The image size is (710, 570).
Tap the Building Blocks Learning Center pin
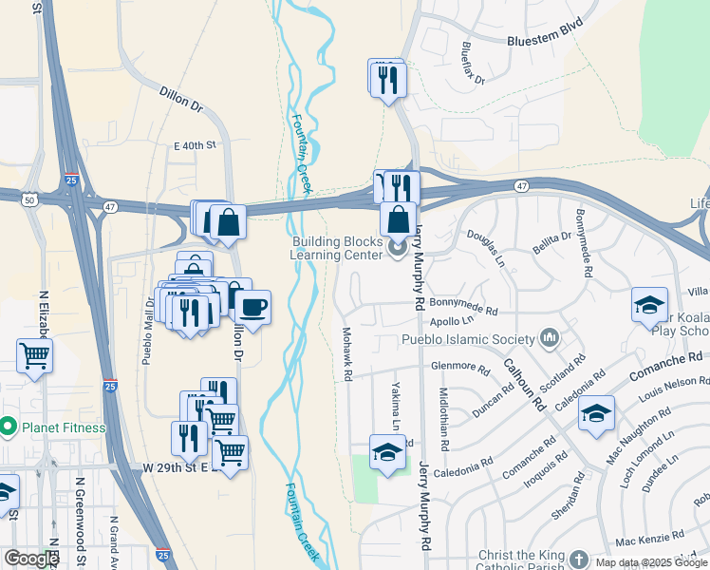(396, 248)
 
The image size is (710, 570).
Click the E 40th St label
(196, 145)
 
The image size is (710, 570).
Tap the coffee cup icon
(251, 307)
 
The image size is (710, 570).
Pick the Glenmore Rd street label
(459, 369)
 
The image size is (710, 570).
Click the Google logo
(31, 559)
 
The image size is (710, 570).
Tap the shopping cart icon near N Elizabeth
(34, 356)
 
